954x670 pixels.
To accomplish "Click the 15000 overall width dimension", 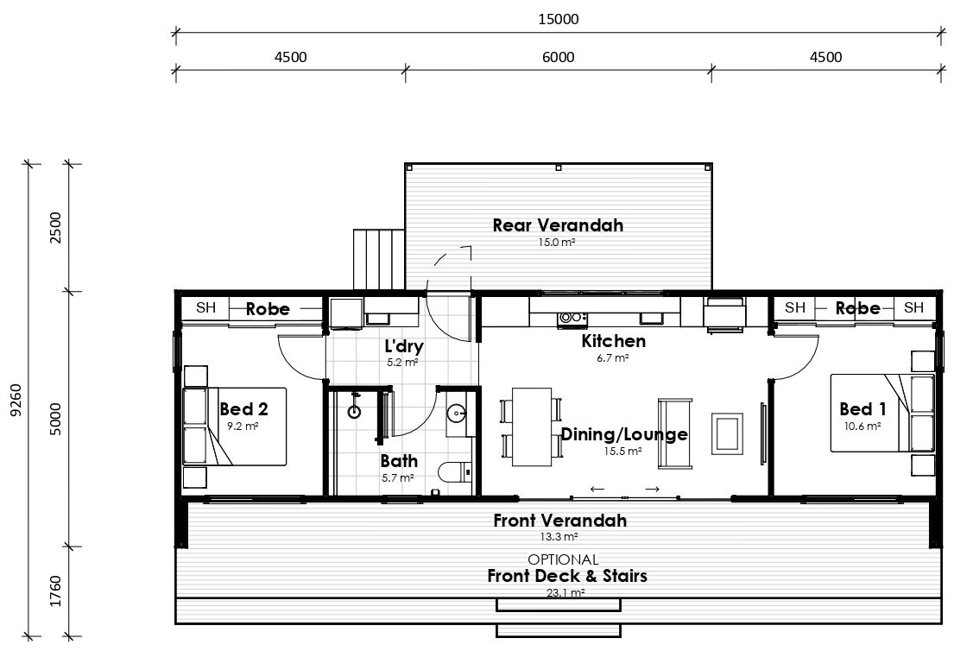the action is click(558, 20).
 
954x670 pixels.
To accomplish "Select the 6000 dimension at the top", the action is click(558, 57).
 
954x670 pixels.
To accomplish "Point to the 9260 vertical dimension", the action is click(16, 401).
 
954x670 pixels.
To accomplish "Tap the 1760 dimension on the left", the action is click(55, 591).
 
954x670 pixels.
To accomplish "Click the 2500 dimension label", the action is click(55, 228).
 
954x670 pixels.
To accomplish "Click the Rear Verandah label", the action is click(558, 225).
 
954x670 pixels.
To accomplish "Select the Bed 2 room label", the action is click(243, 409).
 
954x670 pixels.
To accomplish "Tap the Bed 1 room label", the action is click(862, 409).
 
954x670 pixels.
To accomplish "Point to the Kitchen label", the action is click(613, 341).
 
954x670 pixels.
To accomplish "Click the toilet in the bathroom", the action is click(454, 472).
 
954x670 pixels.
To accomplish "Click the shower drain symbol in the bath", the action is click(354, 412).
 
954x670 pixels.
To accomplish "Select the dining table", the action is click(532, 427).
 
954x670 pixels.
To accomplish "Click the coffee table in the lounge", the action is click(728, 433).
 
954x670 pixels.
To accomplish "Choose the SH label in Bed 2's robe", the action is click(206, 308).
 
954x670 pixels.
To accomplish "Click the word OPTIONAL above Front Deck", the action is click(563, 559).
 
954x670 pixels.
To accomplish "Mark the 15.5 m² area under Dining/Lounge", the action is click(622, 452).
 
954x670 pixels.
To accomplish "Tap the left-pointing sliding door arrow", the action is click(597, 489).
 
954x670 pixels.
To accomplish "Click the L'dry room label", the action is click(404, 346).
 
